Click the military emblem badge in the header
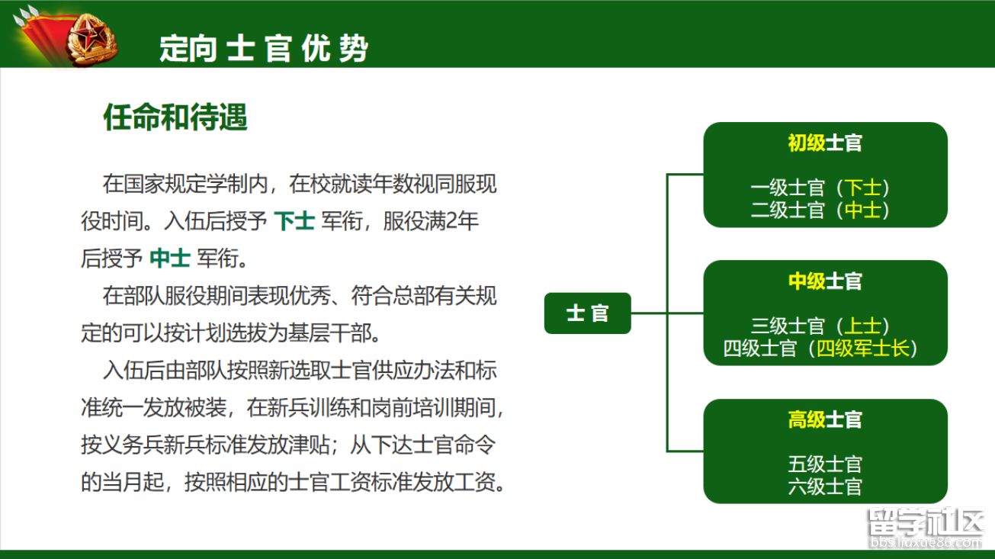point(92,39)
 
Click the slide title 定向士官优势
point(264,48)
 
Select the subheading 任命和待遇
point(175,117)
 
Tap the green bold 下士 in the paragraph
point(294,221)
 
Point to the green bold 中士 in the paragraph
point(170,259)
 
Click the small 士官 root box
point(587,313)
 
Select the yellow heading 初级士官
point(825,143)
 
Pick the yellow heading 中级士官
point(825,281)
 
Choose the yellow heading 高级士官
point(825,419)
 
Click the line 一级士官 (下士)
point(820,188)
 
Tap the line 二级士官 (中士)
point(820,210)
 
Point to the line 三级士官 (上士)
point(820,326)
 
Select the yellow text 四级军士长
point(862,348)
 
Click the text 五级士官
point(825,464)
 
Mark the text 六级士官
point(825,486)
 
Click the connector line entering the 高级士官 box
point(685,451)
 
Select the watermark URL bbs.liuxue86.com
point(926,542)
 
